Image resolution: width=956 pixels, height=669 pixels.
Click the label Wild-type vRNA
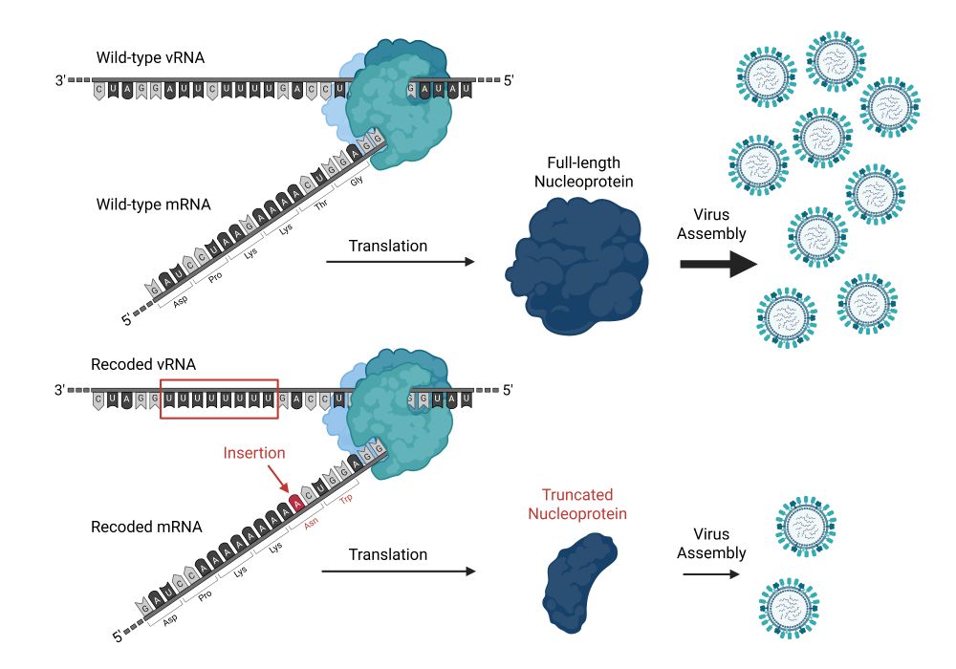point(150,58)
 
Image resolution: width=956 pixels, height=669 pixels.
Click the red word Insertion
point(253,452)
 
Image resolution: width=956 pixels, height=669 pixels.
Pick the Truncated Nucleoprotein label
point(582,504)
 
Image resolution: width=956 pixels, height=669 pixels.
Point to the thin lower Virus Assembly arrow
point(711,574)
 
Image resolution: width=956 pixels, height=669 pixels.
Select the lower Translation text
point(387,554)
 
